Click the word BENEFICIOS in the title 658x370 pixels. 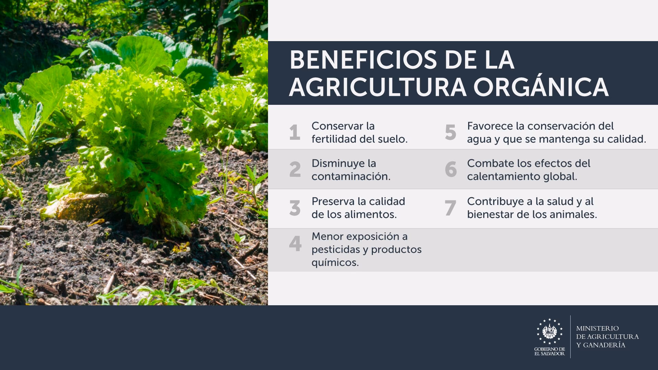tap(363, 60)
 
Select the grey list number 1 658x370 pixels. tap(295, 133)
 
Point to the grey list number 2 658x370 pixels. tap(295, 170)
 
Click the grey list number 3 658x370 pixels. tap(295, 208)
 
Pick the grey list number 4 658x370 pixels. tap(295, 244)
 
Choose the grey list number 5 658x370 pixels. tap(451, 133)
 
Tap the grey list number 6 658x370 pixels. tap(451, 170)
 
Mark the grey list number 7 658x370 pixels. tap(450, 208)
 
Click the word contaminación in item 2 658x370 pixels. tap(351, 176)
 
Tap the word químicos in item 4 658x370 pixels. tap(335, 263)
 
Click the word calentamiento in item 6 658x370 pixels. tap(503, 176)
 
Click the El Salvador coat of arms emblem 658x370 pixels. tap(549, 331)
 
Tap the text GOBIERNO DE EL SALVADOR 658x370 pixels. tap(549, 351)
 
